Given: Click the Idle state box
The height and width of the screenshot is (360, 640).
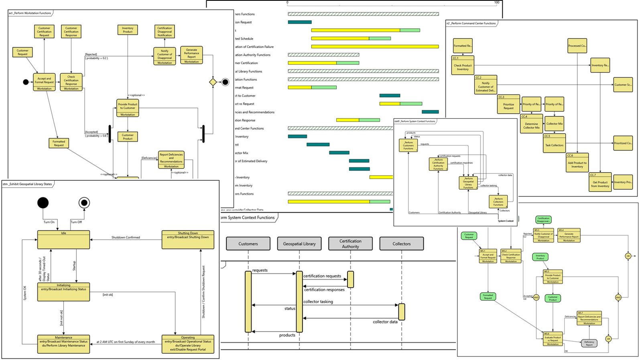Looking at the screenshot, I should point(63,240).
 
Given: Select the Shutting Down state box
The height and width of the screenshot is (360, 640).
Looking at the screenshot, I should point(188,240).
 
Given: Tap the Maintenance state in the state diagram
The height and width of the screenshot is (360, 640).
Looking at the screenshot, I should point(63,344).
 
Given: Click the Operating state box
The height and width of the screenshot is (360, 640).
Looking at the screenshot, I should point(188,344).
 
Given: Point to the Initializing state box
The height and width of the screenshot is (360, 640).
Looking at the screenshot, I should point(63,292).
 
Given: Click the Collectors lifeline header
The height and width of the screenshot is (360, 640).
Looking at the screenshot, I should point(401,244).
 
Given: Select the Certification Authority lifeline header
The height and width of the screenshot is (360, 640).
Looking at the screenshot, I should point(350,244).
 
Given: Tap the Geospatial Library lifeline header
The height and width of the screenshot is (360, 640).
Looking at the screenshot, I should point(299,244).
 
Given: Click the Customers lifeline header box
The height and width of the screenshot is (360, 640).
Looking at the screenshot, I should point(248,244).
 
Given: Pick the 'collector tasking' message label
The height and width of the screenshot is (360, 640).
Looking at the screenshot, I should point(318,302).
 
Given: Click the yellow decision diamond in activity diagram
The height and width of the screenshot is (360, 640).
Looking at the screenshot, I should point(213,82).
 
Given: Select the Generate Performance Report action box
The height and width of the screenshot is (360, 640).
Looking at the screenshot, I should point(191,55).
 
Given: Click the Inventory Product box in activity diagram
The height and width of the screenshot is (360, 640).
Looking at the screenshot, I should point(128,30).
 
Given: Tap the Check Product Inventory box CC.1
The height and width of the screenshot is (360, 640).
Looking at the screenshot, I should point(463,65).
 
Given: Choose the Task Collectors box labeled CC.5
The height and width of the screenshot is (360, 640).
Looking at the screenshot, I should point(554,143).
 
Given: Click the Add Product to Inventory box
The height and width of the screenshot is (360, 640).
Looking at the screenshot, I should point(577,163).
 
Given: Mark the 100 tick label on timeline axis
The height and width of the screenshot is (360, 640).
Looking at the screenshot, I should point(496,3).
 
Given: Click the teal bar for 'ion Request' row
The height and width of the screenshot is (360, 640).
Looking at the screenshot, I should point(299,22).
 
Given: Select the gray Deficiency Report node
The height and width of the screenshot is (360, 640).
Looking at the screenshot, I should point(589,343).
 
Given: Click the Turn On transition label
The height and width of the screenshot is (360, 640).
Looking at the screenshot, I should point(49,222).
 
